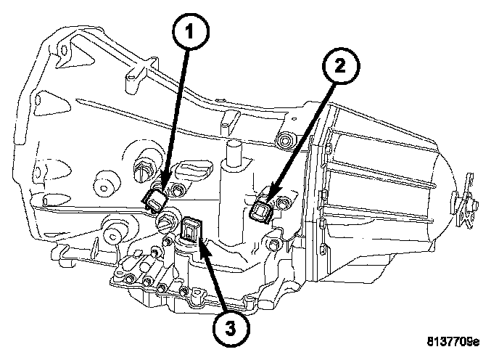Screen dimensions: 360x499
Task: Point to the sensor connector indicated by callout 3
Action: coord(191,232)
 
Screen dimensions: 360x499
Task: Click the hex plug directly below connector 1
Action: coord(165,221)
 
